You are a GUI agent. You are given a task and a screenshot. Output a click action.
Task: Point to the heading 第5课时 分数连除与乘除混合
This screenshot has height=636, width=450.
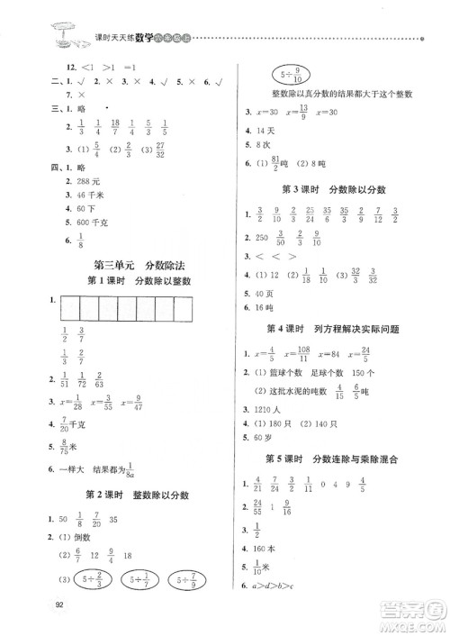tap(337, 459)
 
